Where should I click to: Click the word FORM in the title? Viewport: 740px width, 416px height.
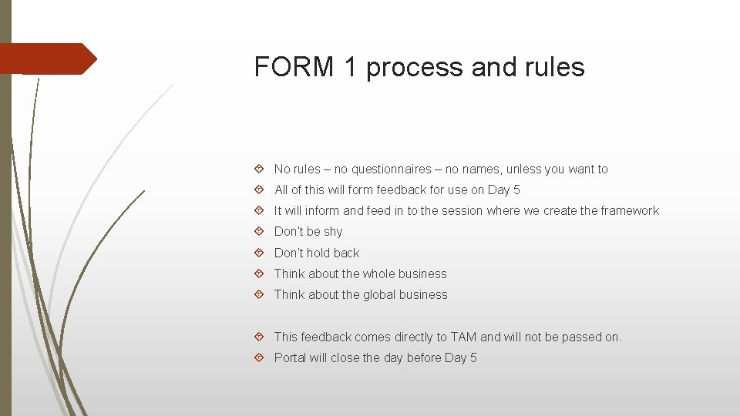click(x=294, y=68)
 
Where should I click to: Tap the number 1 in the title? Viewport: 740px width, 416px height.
click(x=351, y=68)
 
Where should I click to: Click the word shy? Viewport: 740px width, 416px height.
click(x=333, y=232)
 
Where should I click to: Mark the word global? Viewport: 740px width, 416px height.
click(x=382, y=294)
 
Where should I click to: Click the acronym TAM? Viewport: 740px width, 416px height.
click(x=462, y=337)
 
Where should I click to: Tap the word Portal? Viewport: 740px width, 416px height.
click(x=291, y=357)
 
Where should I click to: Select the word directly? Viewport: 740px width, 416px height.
click(x=420, y=337)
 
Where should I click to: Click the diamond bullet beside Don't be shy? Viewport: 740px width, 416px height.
click(x=259, y=232)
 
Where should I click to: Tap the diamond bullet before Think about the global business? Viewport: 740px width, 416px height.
click(x=259, y=295)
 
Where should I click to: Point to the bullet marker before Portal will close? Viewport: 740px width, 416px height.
click(x=259, y=358)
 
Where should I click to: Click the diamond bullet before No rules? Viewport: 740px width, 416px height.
click(x=259, y=169)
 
